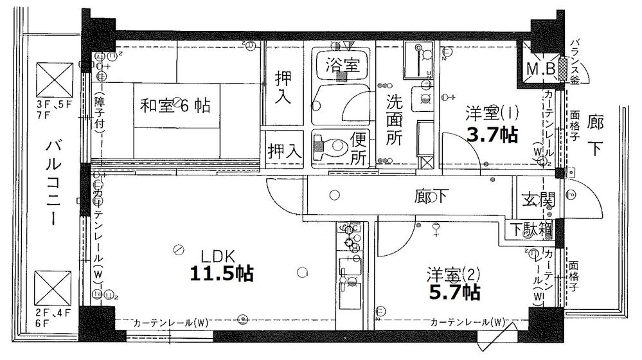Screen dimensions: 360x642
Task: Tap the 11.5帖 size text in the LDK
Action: point(220,273)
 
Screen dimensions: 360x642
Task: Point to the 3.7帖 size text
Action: point(494,136)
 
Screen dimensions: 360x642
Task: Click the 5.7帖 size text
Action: point(455,293)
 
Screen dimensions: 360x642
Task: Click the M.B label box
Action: point(541,68)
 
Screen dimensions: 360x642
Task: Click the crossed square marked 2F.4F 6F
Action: point(52,287)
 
